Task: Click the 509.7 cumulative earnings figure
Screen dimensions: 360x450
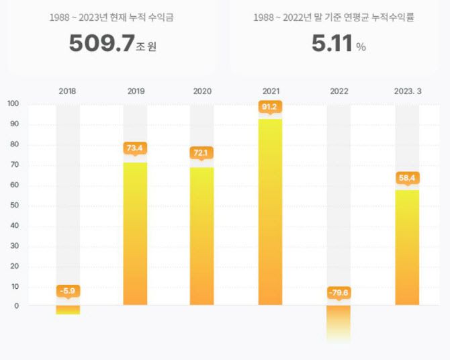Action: point(101,44)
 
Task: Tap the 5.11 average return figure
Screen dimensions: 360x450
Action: point(332,44)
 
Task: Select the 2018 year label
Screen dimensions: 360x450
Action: point(67,90)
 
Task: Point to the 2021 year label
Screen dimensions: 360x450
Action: point(270,90)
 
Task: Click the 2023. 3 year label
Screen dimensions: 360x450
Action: point(406,90)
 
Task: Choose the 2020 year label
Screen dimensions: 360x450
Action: point(202,90)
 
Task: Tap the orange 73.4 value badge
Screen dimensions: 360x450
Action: point(135,148)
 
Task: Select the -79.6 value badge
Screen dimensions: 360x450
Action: point(339,293)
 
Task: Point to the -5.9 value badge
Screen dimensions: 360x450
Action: point(67,291)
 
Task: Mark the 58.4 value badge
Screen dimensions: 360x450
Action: point(406,178)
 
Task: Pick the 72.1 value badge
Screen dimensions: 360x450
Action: point(202,152)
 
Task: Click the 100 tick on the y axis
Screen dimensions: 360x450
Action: point(13,103)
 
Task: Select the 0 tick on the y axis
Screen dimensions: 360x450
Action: point(15,306)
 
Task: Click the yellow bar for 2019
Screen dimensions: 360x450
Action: point(135,235)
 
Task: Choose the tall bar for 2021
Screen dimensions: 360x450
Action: point(270,215)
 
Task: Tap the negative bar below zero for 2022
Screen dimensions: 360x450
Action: point(339,322)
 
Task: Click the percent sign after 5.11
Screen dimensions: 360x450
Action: point(361,47)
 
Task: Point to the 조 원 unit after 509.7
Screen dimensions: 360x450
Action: point(146,47)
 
